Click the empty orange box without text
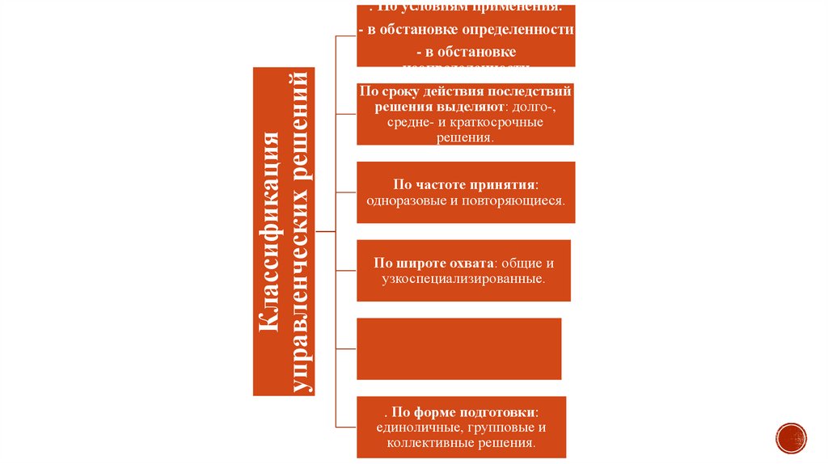(x=458, y=348)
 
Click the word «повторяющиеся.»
(x=513, y=199)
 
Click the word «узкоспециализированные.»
(x=463, y=279)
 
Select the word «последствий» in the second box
(x=535, y=91)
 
